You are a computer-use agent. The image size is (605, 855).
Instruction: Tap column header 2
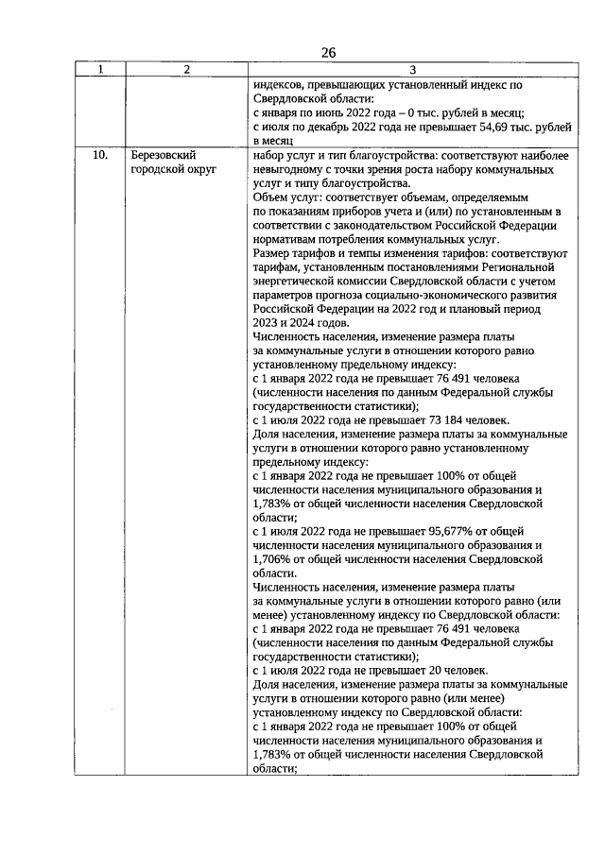click(x=186, y=69)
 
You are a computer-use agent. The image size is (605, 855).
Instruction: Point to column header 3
click(x=412, y=69)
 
